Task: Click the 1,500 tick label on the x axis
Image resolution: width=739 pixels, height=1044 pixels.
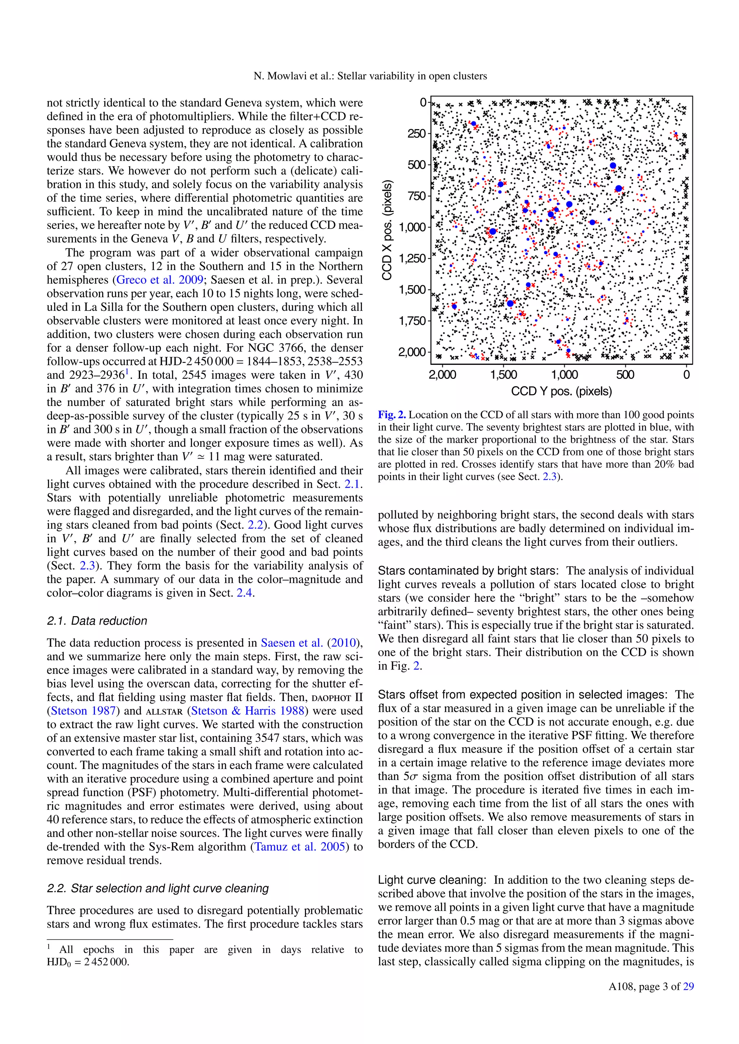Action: tap(504, 375)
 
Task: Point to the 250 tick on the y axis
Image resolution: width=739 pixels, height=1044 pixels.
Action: tap(416, 134)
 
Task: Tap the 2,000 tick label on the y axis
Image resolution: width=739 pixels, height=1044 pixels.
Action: tap(412, 353)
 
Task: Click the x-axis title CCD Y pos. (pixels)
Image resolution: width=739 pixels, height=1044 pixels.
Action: tap(561, 391)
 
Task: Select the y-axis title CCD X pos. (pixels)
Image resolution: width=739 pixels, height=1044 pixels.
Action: tap(388, 230)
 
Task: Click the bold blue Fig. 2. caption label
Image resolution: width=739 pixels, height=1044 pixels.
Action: tap(392, 415)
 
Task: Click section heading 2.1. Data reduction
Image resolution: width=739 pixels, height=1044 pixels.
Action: tap(97, 621)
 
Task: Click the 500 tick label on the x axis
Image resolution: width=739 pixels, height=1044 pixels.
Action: tap(625, 375)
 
